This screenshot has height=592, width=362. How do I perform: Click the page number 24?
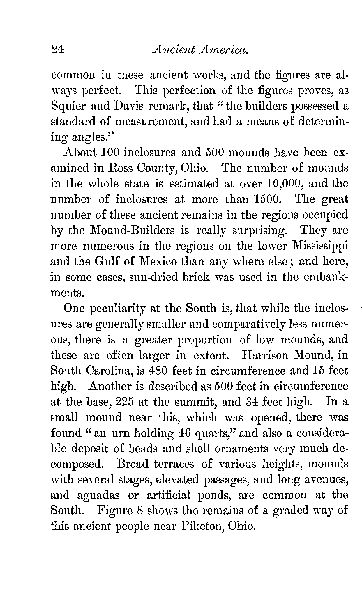57,50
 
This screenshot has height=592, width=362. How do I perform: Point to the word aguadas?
99,495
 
